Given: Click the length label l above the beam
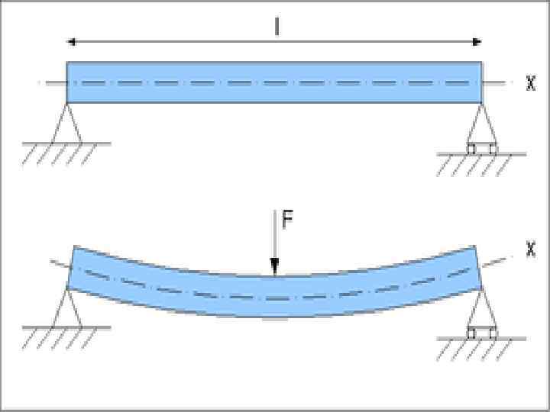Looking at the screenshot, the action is click(x=277, y=27).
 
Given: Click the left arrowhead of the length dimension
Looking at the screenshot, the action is click(x=71, y=42).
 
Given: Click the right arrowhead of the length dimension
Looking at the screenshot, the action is click(x=477, y=42).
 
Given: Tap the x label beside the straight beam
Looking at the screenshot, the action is click(x=531, y=84).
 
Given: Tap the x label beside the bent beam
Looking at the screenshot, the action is click(x=531, y=249).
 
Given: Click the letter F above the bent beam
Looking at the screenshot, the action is click(x=286, y=220).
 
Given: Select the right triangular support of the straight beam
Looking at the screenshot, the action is click(x=481, y=126).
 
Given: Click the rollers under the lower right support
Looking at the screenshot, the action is click(x=482, y=333).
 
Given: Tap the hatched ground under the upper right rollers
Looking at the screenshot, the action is click(x=481, y=164).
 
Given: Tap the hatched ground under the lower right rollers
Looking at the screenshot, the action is click(x=481, y=348).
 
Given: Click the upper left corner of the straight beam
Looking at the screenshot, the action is click(x=68, y=63).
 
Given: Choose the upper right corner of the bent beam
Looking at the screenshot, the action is click(x=475, y=246).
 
